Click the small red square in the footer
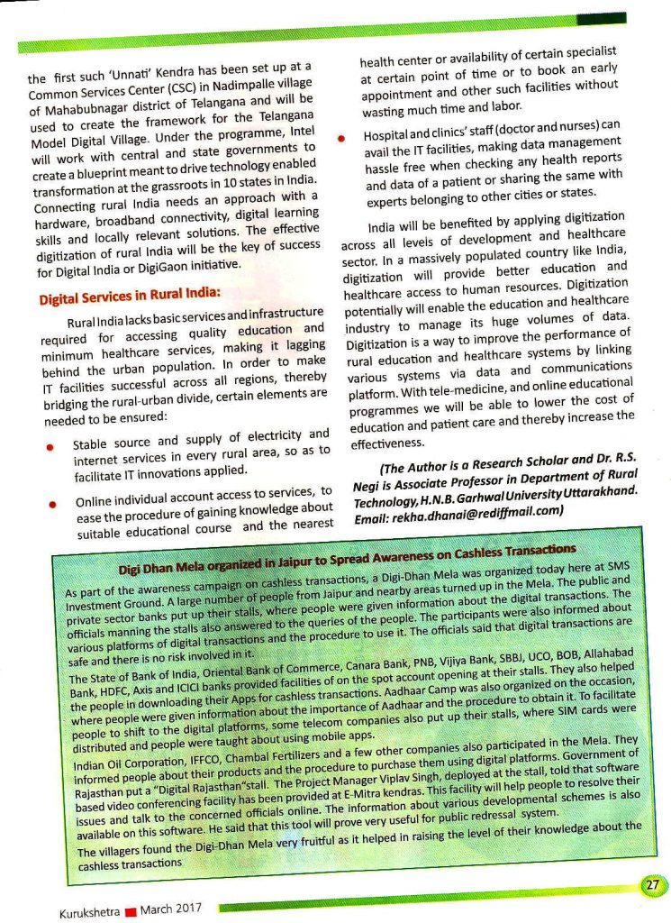pos(128,910)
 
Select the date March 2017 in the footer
pos(168,909)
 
